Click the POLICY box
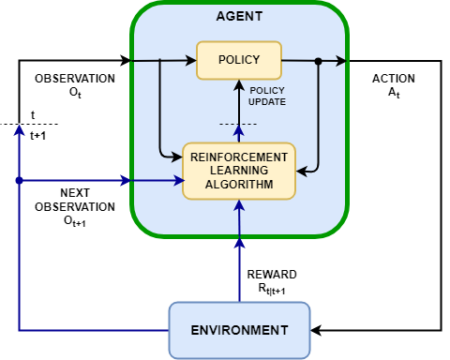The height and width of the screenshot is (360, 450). click(x=239, y=60)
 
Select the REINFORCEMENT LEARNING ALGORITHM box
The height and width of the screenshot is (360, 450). click(x=239, y=171)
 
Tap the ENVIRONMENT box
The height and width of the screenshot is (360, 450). click(x=239, y=330)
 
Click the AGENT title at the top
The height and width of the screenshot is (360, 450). click(x=239, y=16)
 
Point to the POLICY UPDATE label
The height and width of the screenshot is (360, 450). click(x=267, y=95)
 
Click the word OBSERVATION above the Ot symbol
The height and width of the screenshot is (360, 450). click(x=74, y=79)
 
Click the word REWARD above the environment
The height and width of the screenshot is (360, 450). click(x=271, y=274)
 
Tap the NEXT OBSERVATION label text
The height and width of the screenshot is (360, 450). click(x=74, y=200)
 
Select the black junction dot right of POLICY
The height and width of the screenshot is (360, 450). click(x=319, y=62)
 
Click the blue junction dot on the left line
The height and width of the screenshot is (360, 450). click(x=19, y=180)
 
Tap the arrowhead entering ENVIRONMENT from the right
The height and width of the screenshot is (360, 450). click(x=317, y=330)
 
